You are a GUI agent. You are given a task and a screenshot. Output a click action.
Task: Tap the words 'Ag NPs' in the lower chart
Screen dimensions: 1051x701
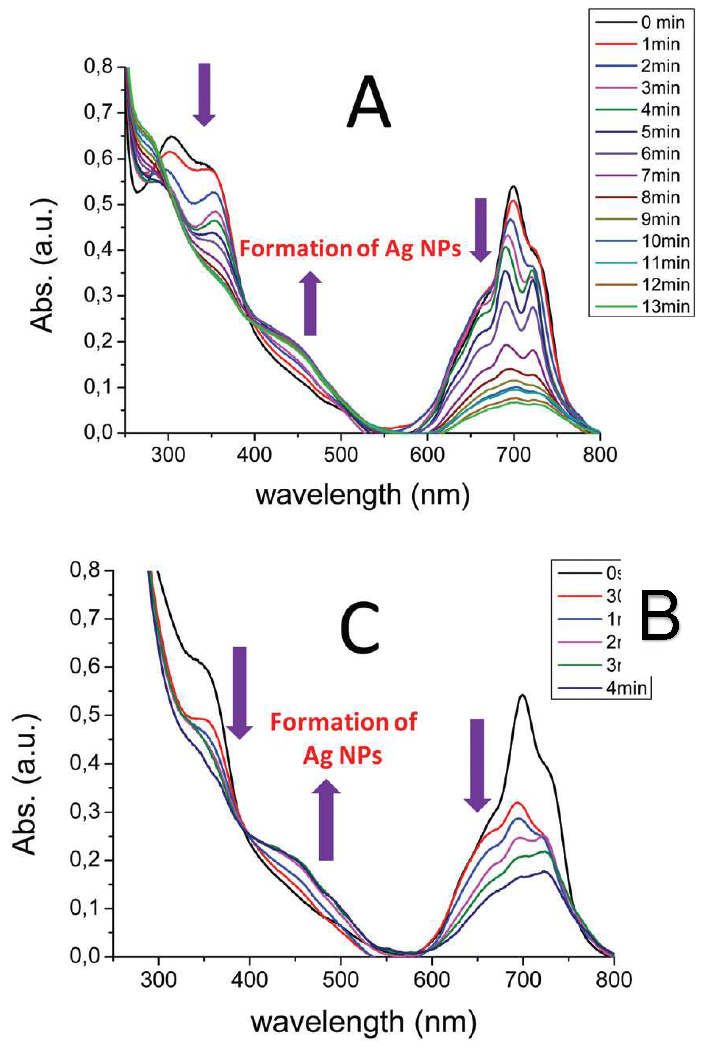343,755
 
